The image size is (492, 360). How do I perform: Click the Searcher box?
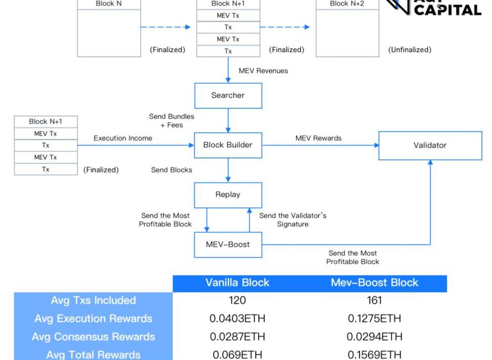(x=228, y=95)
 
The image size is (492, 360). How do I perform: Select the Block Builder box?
(x=228, y=145)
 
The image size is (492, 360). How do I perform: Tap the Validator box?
(x=430, y=145)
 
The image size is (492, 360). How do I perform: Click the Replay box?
(x=228, y=194)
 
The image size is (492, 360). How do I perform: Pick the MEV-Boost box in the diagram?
(x=228, y=244)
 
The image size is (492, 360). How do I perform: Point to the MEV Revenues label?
(x=263, y=71)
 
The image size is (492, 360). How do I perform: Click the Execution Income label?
(x=122, y=138)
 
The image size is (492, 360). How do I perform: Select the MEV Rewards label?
(x=318, y=138)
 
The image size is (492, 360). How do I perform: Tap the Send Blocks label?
(x=172, y=170)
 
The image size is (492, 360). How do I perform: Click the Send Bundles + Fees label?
(x=172, y=121)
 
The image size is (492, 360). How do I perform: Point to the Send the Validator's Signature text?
(x=293, y=220)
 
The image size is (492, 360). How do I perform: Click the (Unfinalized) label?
(x=409, y=50)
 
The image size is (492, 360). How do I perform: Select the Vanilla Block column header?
(x=237, y=283)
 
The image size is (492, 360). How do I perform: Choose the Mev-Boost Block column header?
(x=374, y=283)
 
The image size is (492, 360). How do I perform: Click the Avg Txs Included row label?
(x=93, y=300)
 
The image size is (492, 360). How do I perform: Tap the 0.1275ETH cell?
(x=374, y=318)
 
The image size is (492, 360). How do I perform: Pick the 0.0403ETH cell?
(x=237, y=318)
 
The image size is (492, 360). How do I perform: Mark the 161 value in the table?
(x=374, y=300)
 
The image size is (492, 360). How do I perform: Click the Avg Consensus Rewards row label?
(x=93, y=337)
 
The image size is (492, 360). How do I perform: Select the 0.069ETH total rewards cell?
(x=237, y=354)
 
